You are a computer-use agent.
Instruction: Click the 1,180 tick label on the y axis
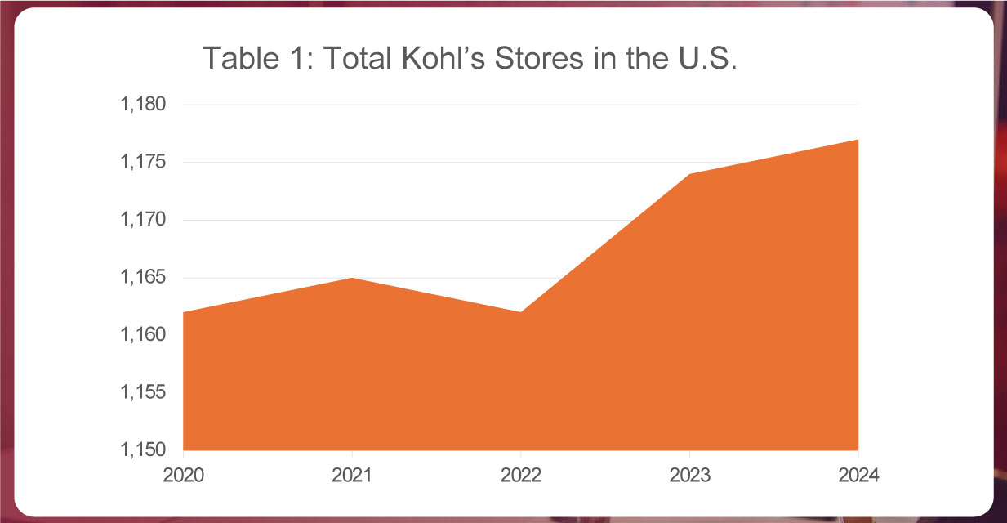(143, 105)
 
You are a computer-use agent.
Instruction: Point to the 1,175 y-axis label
(143, 163)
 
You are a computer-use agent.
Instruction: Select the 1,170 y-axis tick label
(143, 221)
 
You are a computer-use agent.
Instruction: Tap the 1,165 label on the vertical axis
(143, 278)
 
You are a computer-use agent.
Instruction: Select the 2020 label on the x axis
(183, 476)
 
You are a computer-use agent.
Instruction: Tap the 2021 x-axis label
(352, 476)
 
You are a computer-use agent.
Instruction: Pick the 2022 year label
(521, 476)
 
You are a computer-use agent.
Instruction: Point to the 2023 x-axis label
(689, 476)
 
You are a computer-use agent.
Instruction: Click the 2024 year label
(858, 476)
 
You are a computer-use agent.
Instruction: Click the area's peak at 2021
(352, 279)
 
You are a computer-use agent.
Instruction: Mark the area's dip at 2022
(521, 312)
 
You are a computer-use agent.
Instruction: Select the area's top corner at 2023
(689, 175)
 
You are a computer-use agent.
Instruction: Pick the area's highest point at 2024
(858, 141)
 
